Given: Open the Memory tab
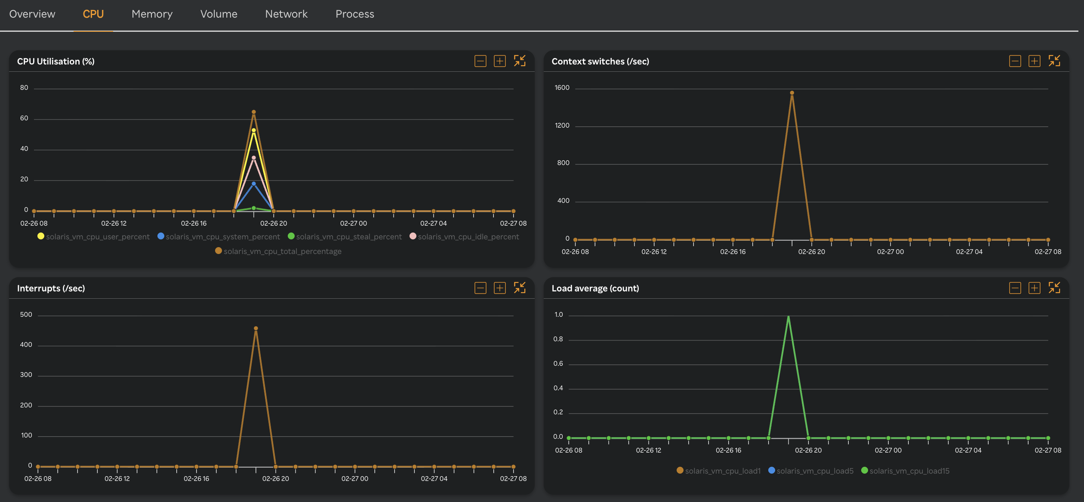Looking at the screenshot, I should pyautogui.click(x=152, y=14).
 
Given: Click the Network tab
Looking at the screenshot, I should pyautogui.click(x=286, y=14).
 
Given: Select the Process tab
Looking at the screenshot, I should pyautogui.click(x=354, y=14).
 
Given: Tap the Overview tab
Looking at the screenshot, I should pyautogui.click(x=32, y=14).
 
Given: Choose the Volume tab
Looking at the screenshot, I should pyautogui.click(x=219, y=14).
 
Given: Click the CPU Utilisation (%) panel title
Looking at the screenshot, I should pyautogui.click(x=56, y=61).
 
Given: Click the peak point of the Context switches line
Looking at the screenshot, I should pyautogui.click(x=792, y=93).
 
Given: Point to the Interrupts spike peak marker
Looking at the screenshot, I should pyautogui.click(x=256, y=328).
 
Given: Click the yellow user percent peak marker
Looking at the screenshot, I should pyautogui.click(x=254, y=130).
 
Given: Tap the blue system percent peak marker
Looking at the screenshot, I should pyautogui.click(x=254, y=184).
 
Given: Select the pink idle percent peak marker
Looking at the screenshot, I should pyautogui.click(x=254, y=158).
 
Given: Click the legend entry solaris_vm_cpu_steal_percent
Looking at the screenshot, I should pyautogui.click(x=345, y=237).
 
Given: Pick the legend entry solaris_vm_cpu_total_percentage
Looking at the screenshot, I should pyautogui.click(x=278, y=251).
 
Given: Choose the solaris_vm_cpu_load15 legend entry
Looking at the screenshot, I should pyautogui.click(x=905, y=471).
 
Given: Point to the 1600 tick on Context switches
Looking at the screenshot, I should pyautogui.click(x=562, y=88).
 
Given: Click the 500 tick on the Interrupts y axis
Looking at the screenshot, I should pyautogui.click(x=26, y=315).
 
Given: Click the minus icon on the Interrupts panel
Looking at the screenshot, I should pyautogui.click(x=480, y=288).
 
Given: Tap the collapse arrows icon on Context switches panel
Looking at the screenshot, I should pyautogui.click(x=1054, y=61).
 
